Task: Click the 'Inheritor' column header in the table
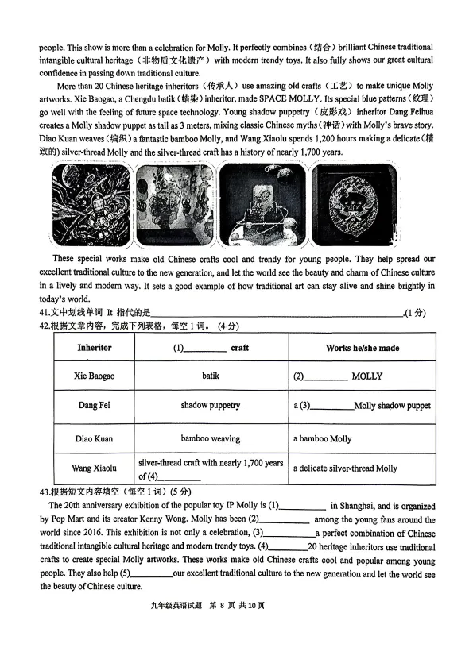pyautogui.click(x=94, y=348)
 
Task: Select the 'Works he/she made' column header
pyautogui.click(x=362, y=348)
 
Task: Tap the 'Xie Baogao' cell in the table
pyautogui.click(x=94, y=376)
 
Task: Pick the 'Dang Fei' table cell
pyautogui.click(x=94, y=406)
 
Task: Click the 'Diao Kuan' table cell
pyautogui.click(x=94, y=438)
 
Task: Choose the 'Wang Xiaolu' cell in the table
pyautogui.click(x=94, y=468)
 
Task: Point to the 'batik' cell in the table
pyautogui.click(x=210, y=376)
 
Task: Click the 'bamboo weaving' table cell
pyautogui.click(x=210, y=438)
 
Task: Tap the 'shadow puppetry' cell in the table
pyautogui.click(x=210, y=406)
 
